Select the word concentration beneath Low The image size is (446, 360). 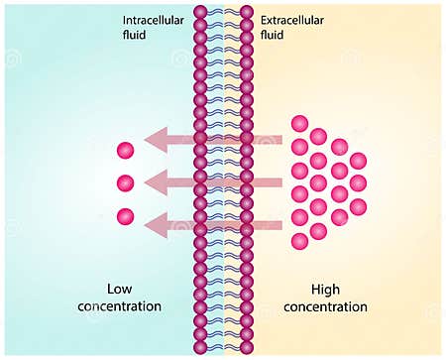[x=119, y=306]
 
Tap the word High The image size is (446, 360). [x=326, y=290]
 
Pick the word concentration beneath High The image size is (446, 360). [x=326, y=306]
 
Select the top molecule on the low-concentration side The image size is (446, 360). [x=125, y=151]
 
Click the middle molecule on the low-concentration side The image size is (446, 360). [x=125, y=183]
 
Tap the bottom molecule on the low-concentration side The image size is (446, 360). [x=125, y=216]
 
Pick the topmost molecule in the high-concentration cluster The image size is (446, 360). [x=299, y=123]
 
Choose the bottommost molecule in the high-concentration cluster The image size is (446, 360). [x=299, y=241]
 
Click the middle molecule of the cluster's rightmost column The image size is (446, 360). [x=358, y=183]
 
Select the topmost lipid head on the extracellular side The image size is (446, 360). [x=247, y=11]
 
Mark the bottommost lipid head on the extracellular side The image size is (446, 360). [x=247, y=348]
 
